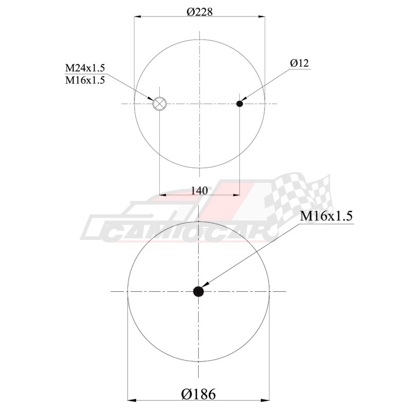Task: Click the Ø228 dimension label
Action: tap(199, 12)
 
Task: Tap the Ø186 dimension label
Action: tap(198, 394)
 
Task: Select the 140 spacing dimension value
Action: tap(199, 191)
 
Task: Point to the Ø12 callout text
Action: tap(300, 63)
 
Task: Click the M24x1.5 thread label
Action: tap(85, 68)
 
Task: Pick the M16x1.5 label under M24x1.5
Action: tap(85, 80)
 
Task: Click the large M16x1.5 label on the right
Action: tap(326, 216)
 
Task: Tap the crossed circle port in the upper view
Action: tap(160, 104)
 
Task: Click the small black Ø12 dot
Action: tap(239, 104)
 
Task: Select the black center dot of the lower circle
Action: tap(198, 291)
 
